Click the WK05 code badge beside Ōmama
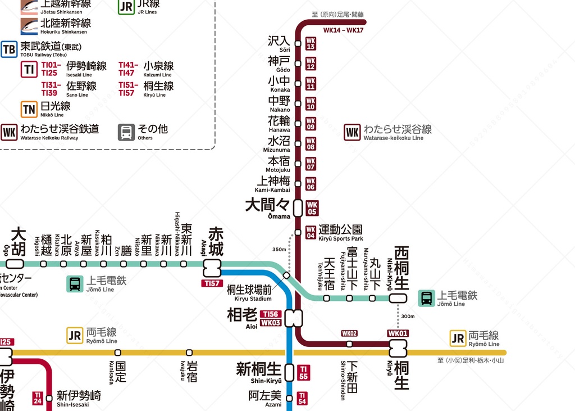(312, 209)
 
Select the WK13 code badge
(311, 44)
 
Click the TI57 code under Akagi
(212, 283)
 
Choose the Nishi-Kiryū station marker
(398, 298)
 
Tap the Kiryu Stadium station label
(249, 293)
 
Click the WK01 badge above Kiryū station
(398, 333)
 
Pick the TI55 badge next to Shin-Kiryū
(303, 373)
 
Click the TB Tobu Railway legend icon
(9, 49)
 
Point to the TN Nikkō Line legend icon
(29, 109)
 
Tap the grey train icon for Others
(126, 132)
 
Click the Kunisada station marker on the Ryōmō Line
(117, 353)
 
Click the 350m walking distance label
(279, 249)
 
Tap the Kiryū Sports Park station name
(340, 232)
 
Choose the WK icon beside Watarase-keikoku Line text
(352, 133)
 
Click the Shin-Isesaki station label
(79, 398)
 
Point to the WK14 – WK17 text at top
(344, 30)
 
